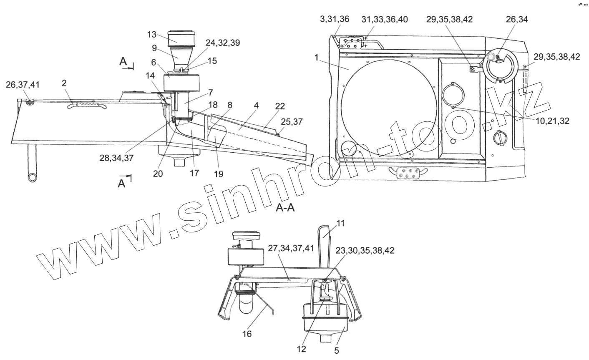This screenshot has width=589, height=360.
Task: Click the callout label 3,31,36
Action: coord(335,19)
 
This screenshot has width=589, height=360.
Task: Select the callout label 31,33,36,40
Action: coord(385,19)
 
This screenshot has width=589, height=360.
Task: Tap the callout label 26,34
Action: coord(517,19)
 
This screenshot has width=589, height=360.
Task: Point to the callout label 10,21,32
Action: coord(552,121)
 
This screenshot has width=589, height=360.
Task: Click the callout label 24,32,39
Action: coord(223,43)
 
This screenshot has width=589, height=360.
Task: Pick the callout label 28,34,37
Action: coord(116,158)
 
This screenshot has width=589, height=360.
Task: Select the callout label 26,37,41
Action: coord(23,85)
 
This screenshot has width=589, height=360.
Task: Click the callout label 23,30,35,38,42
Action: coord(365,250)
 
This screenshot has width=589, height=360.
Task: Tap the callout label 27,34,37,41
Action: coord(291,248)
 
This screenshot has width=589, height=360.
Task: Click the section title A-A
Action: coord(285,208)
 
